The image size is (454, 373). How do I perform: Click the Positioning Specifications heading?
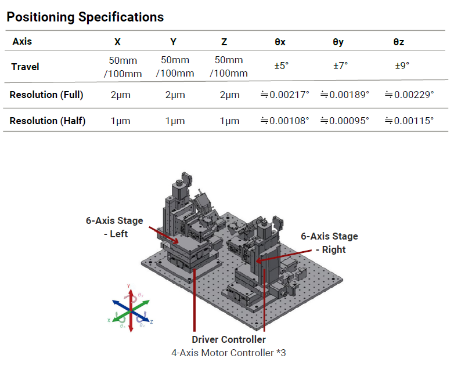click(x=85, y=17)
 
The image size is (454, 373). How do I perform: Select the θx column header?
click(x=280, y=42)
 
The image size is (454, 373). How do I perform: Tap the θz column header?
click(x=399, y=42)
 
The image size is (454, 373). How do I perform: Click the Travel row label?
click(x=25, y=67)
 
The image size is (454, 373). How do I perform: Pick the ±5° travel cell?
click(x=282, y=66)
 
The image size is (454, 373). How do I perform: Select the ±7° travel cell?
click(x=340, y=66)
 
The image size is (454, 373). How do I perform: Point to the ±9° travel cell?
click(x=402, y=66)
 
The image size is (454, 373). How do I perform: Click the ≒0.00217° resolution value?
click(x=285, y=95)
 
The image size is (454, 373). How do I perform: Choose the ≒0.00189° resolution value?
click(x=345, y=95)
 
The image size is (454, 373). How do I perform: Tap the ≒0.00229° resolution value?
click(x=409, y=95)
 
